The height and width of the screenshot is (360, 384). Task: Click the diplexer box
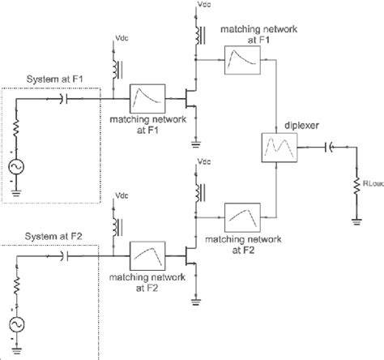click(x=277, y=148)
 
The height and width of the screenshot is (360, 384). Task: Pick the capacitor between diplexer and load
click(x=330, y=148)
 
